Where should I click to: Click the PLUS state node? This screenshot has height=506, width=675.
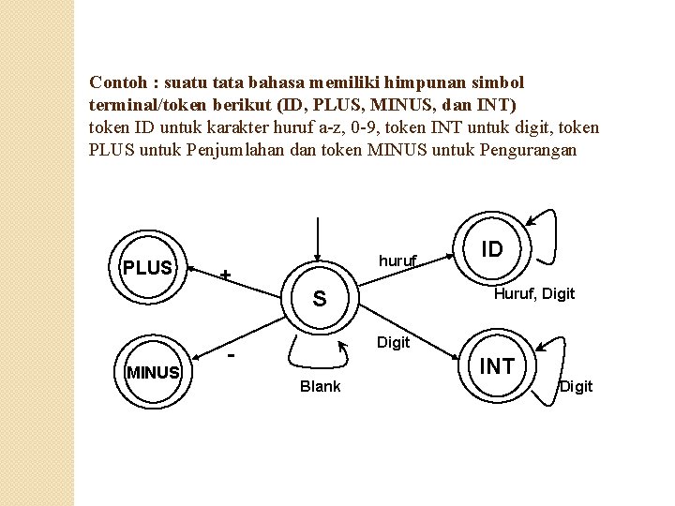coord(148,268)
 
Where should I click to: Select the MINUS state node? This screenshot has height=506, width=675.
coord(153,372)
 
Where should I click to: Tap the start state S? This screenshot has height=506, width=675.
coord(320,299)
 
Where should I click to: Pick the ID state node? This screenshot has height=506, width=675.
coord(492,249)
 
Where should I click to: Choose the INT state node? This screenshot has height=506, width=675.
coord(497,366)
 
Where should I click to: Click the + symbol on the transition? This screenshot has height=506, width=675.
coord(225,275)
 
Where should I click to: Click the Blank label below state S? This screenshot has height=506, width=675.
coord(320,387)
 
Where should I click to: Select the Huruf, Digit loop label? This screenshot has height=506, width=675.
coord(534,294)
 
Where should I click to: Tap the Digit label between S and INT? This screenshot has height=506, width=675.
coord(394,343)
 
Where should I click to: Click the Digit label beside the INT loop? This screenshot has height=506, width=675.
coord(577,387)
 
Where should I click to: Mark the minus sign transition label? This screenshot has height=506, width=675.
coord(232,357)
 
